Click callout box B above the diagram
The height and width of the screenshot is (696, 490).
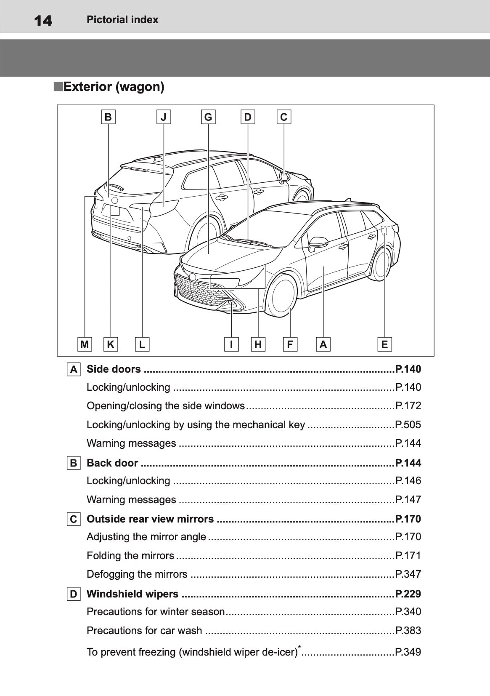pos(108,117)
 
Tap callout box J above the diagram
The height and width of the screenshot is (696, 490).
pos(164,117)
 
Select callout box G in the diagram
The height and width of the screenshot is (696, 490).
pos(208,117)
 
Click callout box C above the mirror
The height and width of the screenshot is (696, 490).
pos(283,117)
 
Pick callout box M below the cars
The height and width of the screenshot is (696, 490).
pos(85,344)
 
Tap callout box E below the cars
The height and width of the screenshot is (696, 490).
pos(384,344)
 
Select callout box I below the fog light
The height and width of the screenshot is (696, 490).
pos(231,344)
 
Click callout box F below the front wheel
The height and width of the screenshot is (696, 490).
pos(290,344)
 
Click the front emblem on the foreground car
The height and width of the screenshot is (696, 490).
pos(193,277)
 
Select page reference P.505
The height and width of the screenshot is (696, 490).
pos(408,424)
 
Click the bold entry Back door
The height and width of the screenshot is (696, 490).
pos(112,463)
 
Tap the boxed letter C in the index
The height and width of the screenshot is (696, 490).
pos(74,519)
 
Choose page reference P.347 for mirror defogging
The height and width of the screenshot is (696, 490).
pos(408,574)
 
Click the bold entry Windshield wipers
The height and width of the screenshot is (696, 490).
pos(132,594)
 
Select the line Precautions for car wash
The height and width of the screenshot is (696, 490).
pos(144,630)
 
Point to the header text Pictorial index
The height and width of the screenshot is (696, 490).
pos(122,20)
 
